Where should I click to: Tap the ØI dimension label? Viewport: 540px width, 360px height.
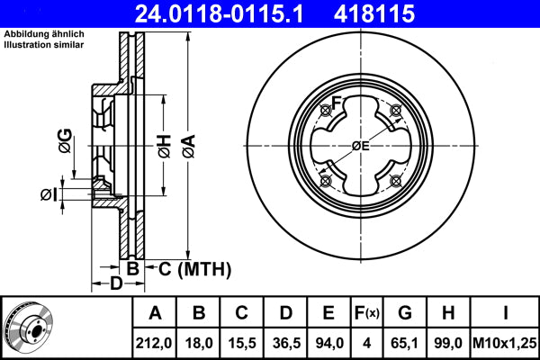click(48, 193)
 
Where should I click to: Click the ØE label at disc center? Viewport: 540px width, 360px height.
click(360, 146)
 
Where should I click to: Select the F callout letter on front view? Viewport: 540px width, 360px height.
click(336, 103)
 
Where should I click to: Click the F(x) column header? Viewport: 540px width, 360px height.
click(366, 313)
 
